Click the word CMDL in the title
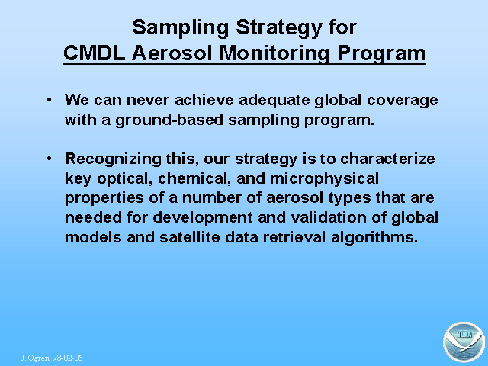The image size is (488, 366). [95, 53]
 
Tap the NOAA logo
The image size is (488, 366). [464, 342]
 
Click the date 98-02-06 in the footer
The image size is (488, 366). [68, 358]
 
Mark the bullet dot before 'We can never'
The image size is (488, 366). [49, 100]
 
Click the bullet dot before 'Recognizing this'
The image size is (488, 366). [49, 159]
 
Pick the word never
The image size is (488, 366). [148, 101]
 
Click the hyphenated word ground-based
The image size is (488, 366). [169, 120]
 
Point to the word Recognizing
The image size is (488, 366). [114, 159]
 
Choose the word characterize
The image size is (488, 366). [387, 159]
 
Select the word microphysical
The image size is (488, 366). [324, 179]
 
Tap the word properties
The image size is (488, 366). [104, 198]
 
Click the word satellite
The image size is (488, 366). [190, 237]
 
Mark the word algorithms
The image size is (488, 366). [374, 238]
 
